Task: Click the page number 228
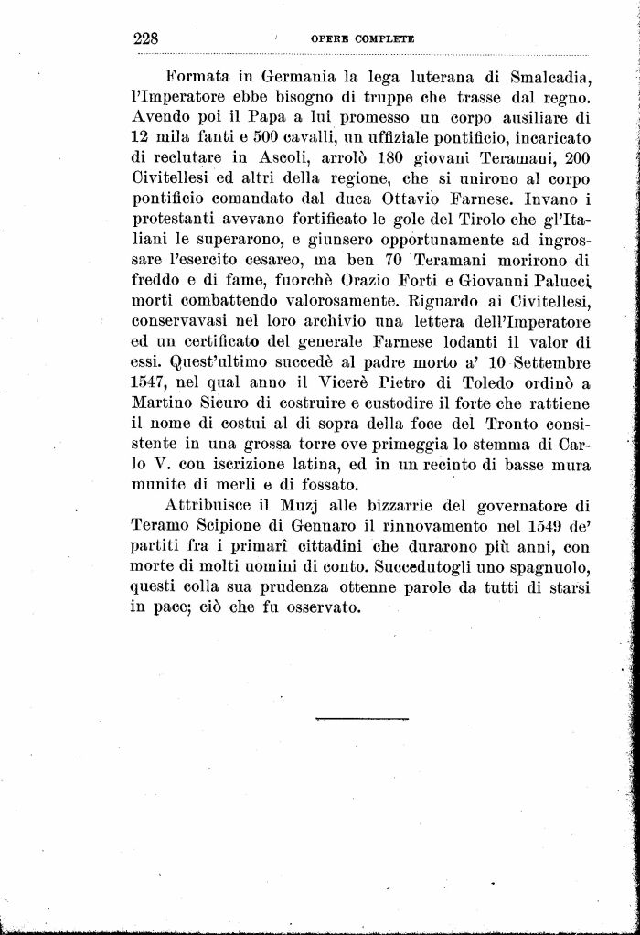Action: (x=146, y=38)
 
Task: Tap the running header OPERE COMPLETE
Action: (x=363, y=39)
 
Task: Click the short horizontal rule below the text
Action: (x=362, y=718)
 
